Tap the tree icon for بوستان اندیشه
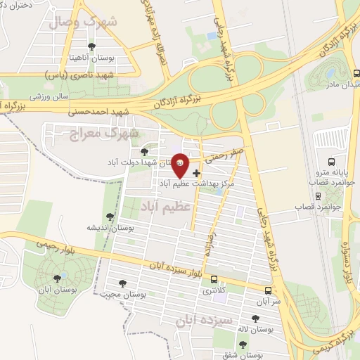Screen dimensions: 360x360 pos(109,217)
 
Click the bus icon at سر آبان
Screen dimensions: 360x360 pos(269,290)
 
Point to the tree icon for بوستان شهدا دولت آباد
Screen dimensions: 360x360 pos(144,151)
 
